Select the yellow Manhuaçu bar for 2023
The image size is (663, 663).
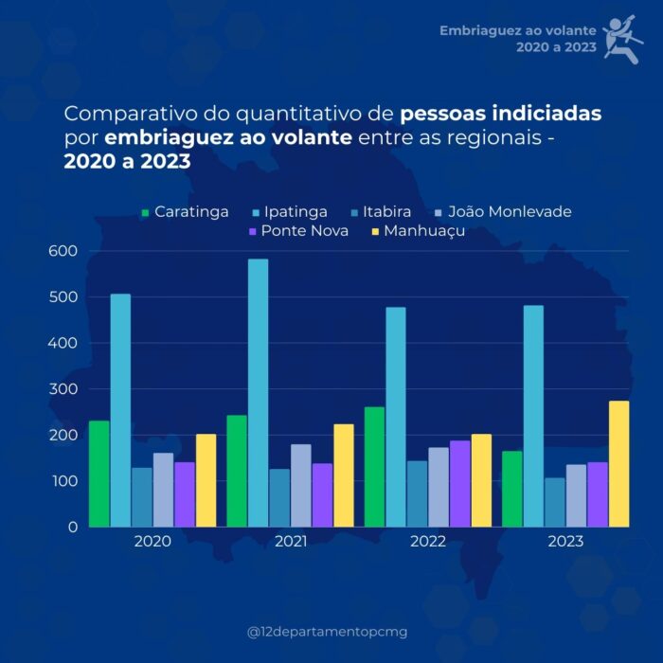click(x=618, y=463)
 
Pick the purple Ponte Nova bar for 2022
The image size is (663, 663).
click(x=459, y=483)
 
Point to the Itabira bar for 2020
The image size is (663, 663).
click(x=142, y=496)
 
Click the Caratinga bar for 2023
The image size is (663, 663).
click(x=511, y=488)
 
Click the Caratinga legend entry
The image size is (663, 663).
click(x=186, y=211)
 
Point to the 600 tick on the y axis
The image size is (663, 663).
click(x=63, y=252)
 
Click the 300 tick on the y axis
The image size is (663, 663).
click(x=63, y=389)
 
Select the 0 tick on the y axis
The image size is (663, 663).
click(x=71, y=527)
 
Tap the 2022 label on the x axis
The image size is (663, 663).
click(x=428, y=543)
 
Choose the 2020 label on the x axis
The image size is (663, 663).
click(x=152, y=543)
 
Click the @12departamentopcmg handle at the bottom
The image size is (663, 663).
click(x=327, y=631)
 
